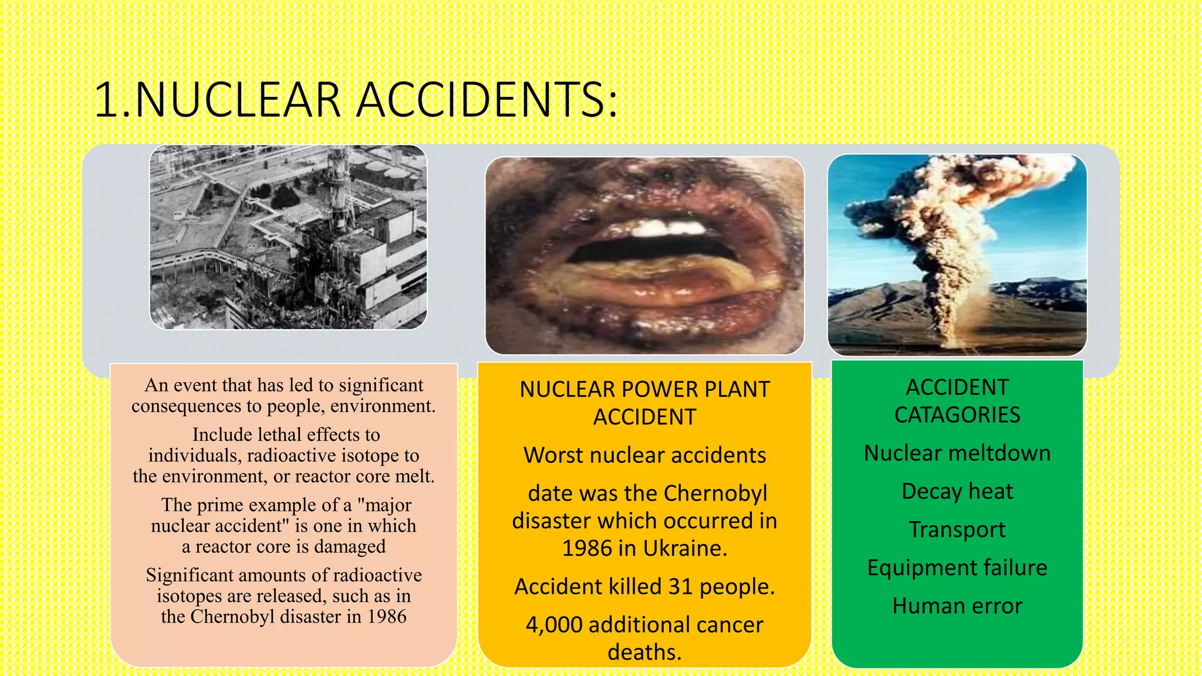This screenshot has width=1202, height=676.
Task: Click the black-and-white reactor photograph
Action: click(x=288, y=237)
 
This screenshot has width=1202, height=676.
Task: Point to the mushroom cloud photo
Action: click(x=957, y=255)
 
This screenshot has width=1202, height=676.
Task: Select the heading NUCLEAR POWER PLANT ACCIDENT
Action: click(x=644, y=403)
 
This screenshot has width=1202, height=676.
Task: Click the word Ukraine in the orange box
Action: click(x=685, y=548)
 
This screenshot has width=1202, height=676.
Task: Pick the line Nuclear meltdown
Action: click(x=957, y=453)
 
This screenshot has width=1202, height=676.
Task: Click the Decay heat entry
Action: click(x=957, y=491)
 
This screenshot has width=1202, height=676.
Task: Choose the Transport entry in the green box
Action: click(x=957, y=529)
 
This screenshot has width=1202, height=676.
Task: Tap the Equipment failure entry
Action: click(x=957, y=567)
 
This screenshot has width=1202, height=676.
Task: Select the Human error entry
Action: click(x=957, y=606)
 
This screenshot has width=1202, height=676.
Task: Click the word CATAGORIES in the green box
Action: click(x=957, y=415)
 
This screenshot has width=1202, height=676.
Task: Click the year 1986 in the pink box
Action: click(x=387, y=617)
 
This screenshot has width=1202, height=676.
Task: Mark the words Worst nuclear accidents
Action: click(x=644, y=455)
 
